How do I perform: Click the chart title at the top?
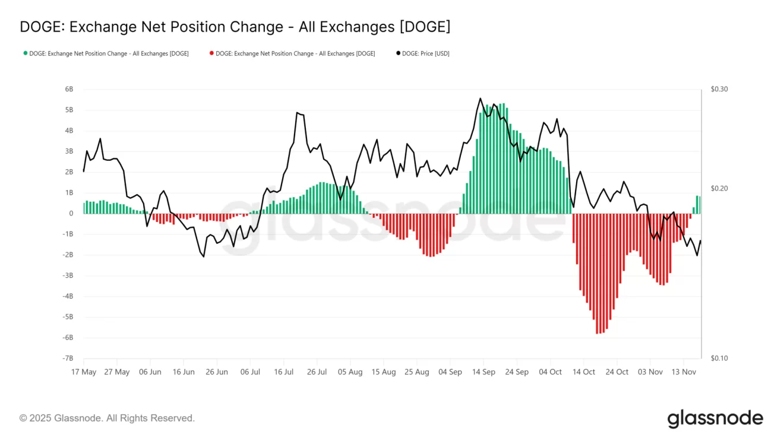point(235,27)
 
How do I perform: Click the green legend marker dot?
point(25,53)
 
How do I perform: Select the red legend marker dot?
point(211,53)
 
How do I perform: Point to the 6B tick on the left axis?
point(69,89)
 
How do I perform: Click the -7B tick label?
point(68,358)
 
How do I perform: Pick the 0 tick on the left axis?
point(71,214)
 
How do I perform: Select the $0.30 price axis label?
point(719,89)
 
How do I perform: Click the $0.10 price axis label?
point(719,358)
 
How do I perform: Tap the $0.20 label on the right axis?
point(719,188)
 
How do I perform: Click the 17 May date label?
point(84,372)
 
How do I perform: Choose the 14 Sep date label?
point(483,372)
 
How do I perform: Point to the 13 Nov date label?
point(684,372)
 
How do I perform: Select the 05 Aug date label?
point(350,372)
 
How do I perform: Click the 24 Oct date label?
point(617,372)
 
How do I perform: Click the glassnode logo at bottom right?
point(715,418)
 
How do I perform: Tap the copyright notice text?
point(107,418)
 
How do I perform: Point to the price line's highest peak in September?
point(480,99)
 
